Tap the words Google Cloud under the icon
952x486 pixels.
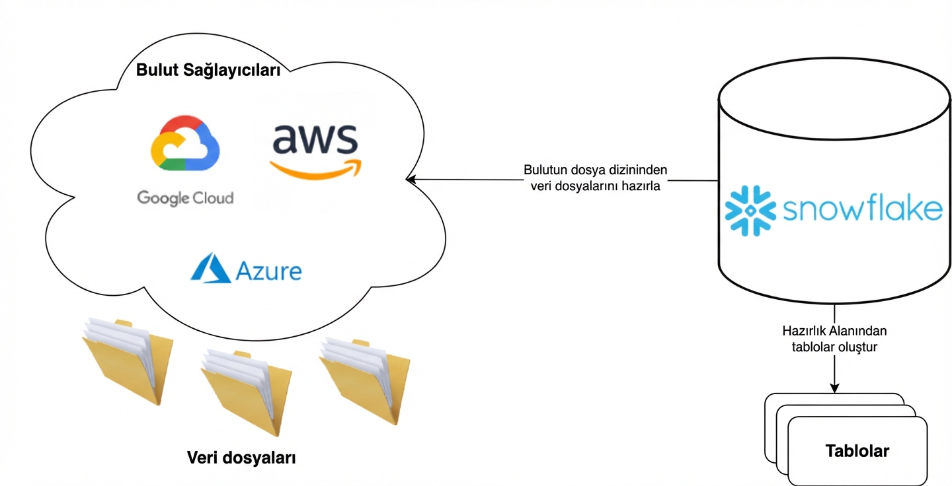(x=185, y=197)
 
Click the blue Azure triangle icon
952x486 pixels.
(x=210, y=268)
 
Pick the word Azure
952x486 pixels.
(x=268, y=271)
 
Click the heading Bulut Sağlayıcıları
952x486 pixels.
(x=208, y=71)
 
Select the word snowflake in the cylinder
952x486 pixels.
(x=862, y=210)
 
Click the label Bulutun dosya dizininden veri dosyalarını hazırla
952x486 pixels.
(x=596, y=178)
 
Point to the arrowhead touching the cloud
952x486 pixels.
(x=410, y=179)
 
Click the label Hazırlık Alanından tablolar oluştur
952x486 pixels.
(x=834, y=338)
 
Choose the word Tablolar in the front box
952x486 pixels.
(x=857, y=452)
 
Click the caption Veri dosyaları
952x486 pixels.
(x=241, y=458)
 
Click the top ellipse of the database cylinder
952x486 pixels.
(x=834, y=99)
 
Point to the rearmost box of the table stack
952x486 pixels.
(x=833, y=398)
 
